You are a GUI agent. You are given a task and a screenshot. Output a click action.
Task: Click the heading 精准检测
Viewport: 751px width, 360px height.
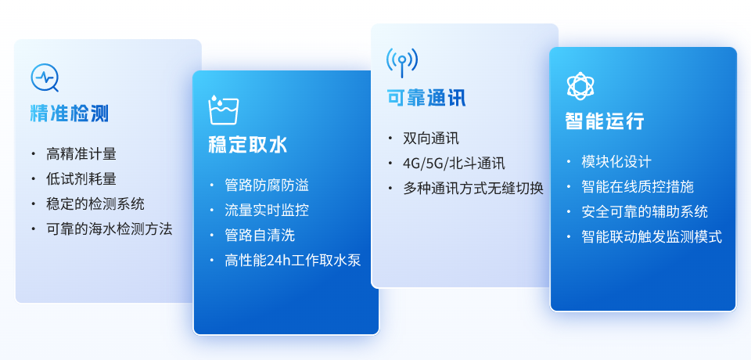(70, 113)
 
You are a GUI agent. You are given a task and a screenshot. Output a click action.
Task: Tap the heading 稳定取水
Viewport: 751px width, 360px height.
(248, 144)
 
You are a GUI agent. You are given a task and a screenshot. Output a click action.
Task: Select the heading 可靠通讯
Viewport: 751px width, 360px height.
(426, 99)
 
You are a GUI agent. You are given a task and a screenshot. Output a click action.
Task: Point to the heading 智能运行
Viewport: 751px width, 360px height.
(605, 121)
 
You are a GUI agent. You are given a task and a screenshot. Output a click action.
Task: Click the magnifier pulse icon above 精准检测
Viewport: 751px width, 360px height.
(45, 77)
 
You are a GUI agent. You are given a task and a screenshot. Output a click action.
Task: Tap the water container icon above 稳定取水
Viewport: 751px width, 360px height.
(223, 110)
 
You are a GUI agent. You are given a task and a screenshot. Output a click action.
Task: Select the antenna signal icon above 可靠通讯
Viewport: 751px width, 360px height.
(402, 63)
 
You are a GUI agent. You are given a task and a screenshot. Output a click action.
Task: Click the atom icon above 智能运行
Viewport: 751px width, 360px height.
(580, 86)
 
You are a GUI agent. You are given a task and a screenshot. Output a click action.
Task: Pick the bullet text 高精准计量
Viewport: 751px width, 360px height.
(81, 154)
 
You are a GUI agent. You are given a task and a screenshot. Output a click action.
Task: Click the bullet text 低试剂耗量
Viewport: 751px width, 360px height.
(81, 178)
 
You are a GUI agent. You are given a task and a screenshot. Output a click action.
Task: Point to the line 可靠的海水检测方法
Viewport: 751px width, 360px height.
(110, 229)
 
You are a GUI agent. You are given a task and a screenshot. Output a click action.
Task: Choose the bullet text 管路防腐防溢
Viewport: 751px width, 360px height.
(267, 185)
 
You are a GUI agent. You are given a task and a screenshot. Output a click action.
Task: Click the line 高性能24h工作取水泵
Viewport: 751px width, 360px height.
(293, 261)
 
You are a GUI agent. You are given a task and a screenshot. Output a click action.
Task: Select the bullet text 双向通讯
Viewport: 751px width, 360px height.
(431, 139)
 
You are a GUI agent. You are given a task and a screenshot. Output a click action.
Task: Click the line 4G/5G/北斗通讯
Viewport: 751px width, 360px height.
(454, 164)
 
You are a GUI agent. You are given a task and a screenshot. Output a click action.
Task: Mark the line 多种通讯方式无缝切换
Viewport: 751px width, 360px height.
(473, 189)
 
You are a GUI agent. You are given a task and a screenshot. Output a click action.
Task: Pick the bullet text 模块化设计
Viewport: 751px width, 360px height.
(616, 161)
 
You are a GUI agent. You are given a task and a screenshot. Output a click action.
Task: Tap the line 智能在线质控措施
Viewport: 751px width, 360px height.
(638, 186)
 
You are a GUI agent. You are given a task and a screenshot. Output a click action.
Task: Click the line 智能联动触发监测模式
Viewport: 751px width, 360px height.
(652, 237)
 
